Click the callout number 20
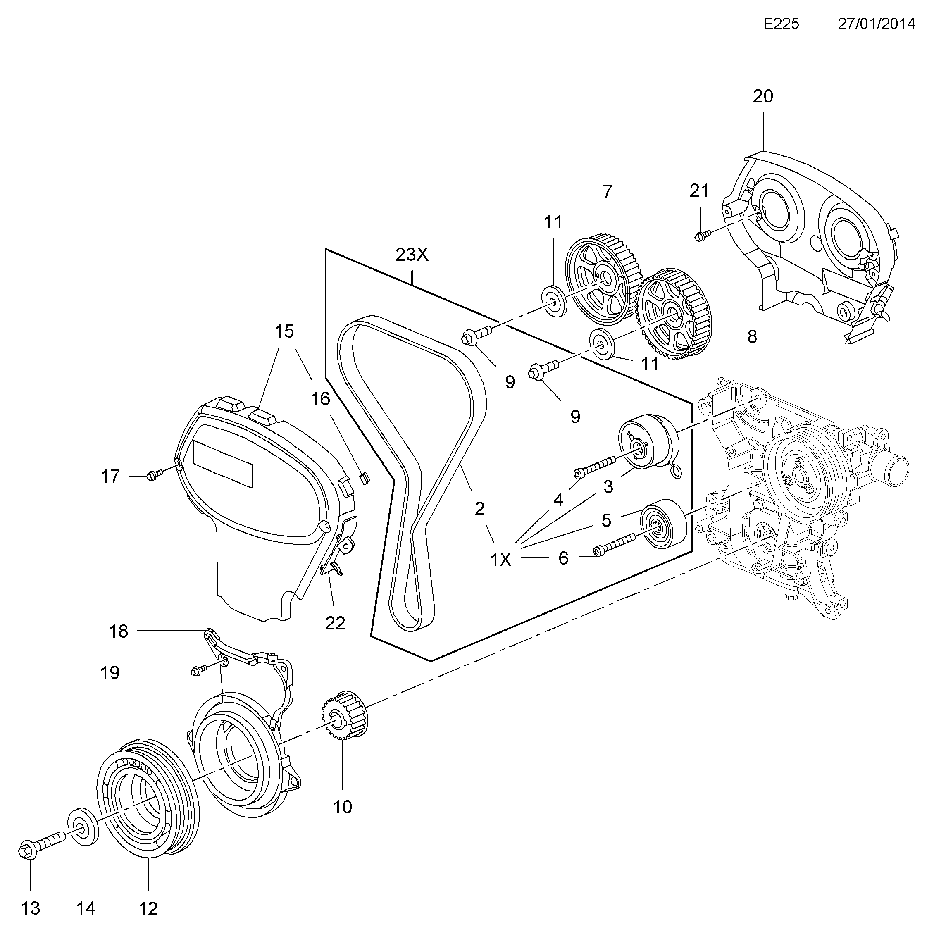[763, 97]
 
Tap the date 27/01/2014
[876, 24]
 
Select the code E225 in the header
[781, 24]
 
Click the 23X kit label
[412, 255]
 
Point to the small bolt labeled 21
[702, 236]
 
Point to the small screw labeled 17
[153, 476]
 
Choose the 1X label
[501, 560]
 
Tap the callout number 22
[335, 623]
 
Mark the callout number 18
[119, 631]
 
